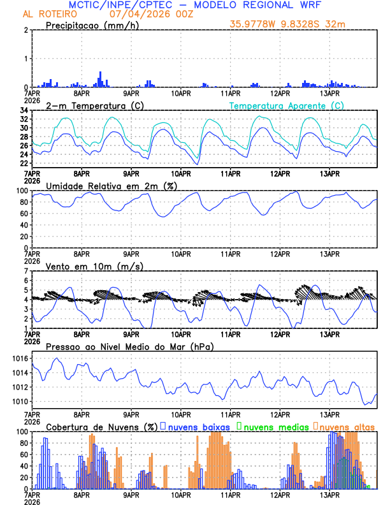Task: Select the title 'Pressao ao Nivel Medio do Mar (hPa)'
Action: pyautogui.click(x=129, y=346)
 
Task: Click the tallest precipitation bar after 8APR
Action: pyautogui.click(x=100, y=79)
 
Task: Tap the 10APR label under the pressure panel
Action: pyautogui.click(x=181, y=414)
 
